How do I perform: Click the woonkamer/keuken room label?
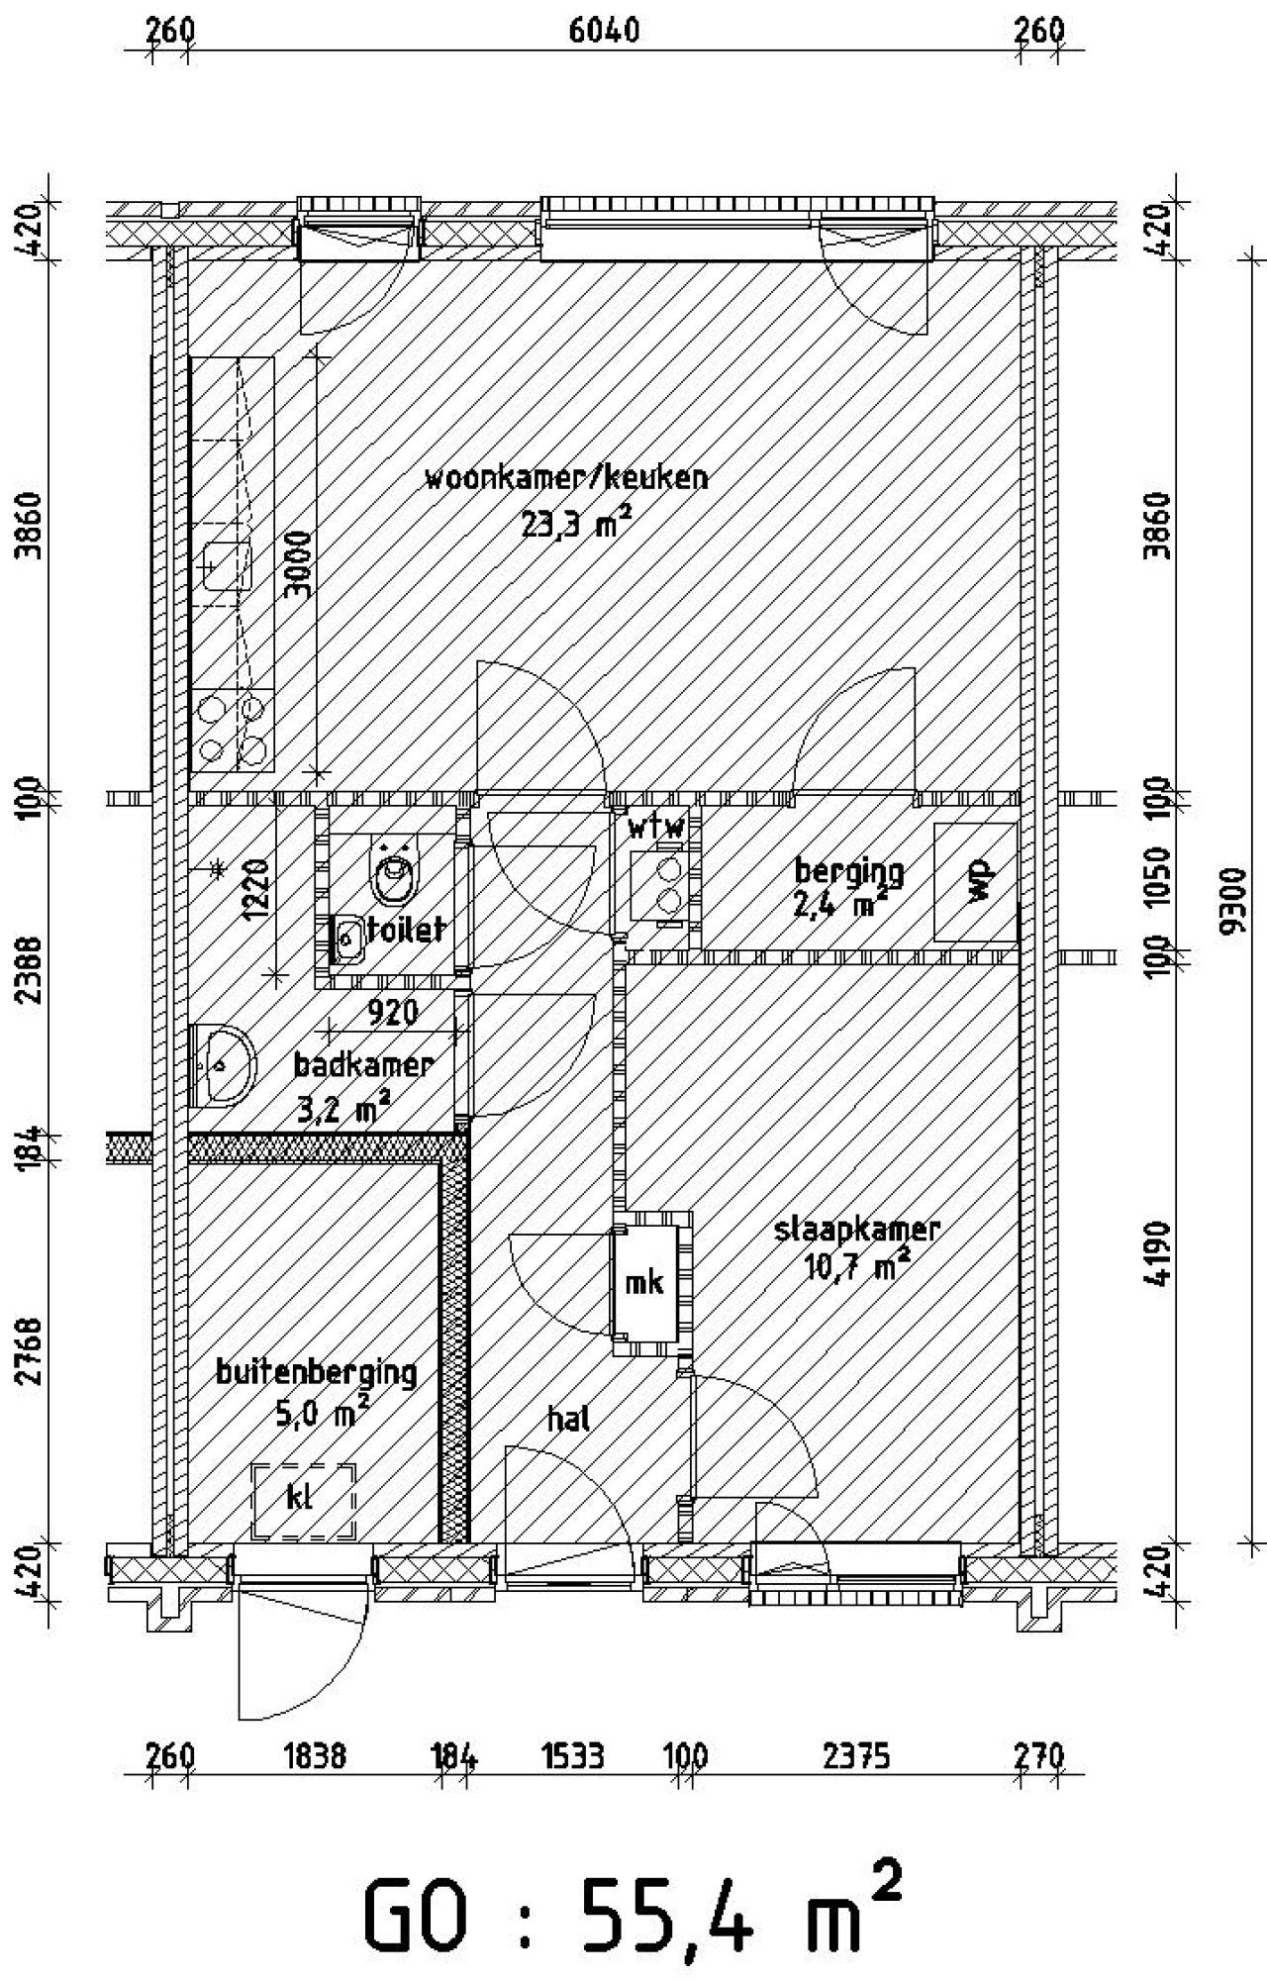click(x=566, y=478)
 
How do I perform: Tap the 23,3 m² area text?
click(x=576, y=523)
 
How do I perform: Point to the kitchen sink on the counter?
click(x=227, y=565)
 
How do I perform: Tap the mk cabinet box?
click(x=644, y=1282)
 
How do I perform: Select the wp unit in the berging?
click(x=977, y=881)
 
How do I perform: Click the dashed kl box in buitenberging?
click(x=304, y=1501)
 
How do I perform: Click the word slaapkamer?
click(x=856, y=1231)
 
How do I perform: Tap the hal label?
click(x=568, y=1419)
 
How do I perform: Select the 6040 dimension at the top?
click(x=604, y=30)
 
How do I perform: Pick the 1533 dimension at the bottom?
click(x=573, y=1756)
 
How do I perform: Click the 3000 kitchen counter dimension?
click(x=297, y=564)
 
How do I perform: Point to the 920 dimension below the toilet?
click(x=393, y=1012)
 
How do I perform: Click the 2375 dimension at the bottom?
click(x=856, y=1756)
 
